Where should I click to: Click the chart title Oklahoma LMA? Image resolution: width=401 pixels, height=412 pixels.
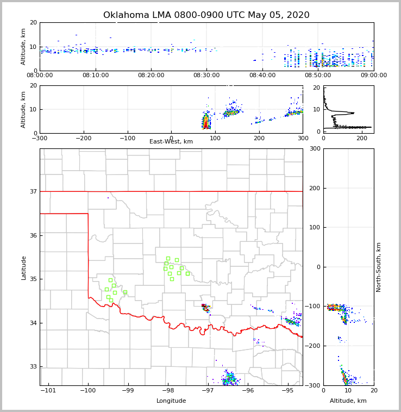point(206,15)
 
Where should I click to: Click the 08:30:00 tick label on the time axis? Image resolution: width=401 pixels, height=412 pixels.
point(206,76)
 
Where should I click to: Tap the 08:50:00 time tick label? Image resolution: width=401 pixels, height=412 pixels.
point(318,76)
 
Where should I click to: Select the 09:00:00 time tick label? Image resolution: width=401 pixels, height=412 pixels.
point(373,76)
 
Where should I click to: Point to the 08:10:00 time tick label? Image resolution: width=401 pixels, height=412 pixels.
point(95,76)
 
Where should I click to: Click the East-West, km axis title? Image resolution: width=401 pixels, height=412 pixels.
point(171,142)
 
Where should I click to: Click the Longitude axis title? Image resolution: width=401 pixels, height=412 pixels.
point(171,401)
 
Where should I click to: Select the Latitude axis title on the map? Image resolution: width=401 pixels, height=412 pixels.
point(23,267)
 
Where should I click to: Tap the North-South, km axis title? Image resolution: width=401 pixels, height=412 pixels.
point(379,267)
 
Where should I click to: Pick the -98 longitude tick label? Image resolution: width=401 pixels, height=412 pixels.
point(168,391)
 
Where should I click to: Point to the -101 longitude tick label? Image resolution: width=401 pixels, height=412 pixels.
point(48,391)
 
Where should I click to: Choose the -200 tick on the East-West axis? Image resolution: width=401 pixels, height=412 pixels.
point(84,138)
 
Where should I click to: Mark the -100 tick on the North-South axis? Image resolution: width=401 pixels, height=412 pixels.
point(312,307)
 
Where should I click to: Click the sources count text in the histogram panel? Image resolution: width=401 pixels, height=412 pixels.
point(350,127)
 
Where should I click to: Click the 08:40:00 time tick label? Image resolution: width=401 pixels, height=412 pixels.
point(262,76)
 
